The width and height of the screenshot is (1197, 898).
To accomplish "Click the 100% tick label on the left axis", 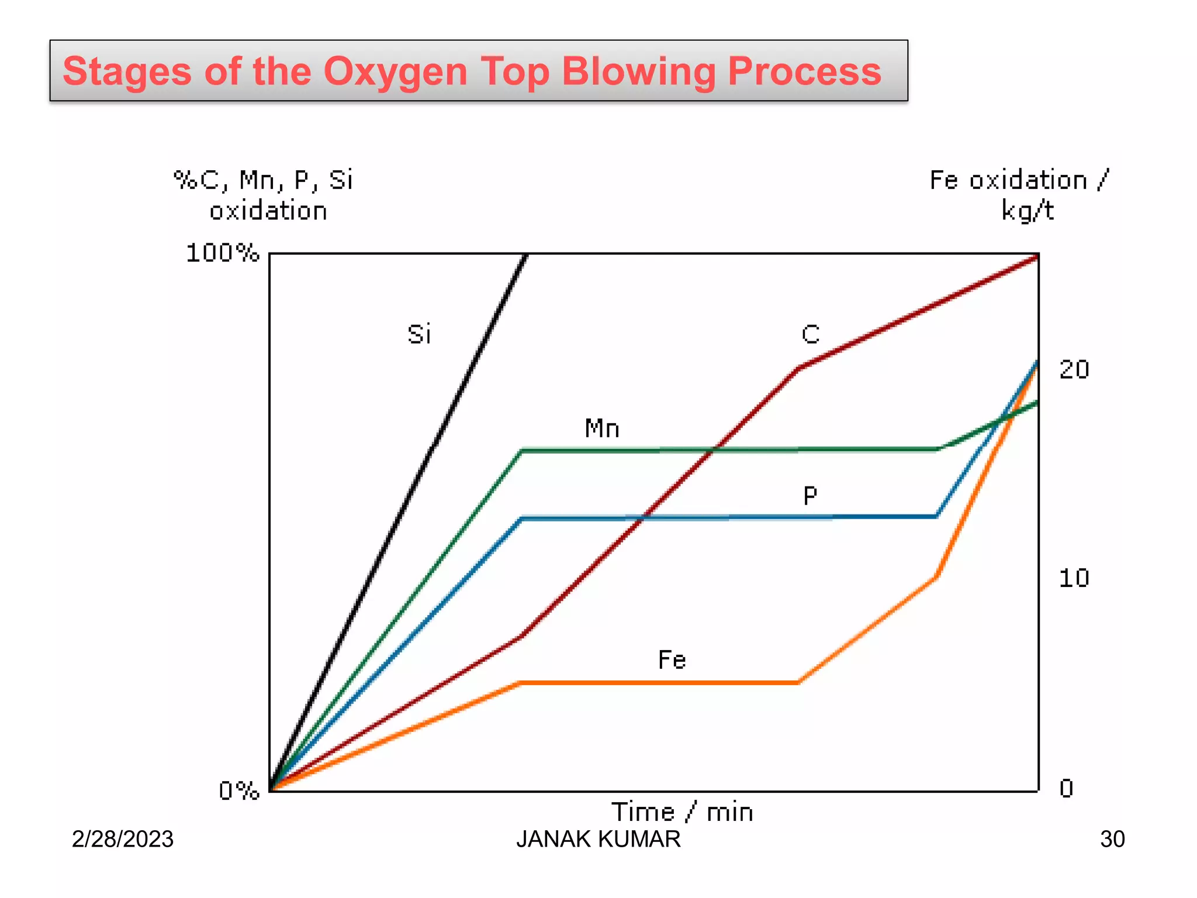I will click(x=222, y=253).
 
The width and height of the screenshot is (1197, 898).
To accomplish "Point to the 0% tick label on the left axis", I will click(x=238, y=790).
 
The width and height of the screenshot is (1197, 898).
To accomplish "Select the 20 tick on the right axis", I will click(x=1074, y=369).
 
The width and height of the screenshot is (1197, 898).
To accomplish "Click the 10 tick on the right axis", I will click(x=1074, y=578).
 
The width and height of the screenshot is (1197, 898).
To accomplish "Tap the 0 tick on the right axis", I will click(x=1067, y=789).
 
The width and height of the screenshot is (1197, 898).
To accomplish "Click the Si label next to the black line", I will click(x=419, y=334).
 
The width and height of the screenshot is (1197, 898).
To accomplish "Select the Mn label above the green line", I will click(x=602, y=429).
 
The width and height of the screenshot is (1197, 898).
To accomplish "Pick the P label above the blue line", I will click(x=810, y=496).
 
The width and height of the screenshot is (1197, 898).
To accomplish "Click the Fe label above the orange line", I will click(x=672, y=660).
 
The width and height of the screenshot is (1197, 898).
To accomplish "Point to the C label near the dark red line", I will click(x=811, y=334).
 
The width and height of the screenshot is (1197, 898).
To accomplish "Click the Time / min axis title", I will click(x=682, y=812).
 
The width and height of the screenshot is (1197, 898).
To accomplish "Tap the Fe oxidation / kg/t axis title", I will click(x=1019, y=195).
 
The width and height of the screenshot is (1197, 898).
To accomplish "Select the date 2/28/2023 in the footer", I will click(x=123, y=839).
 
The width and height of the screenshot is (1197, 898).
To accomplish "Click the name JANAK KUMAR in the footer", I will click(x=598, y=839).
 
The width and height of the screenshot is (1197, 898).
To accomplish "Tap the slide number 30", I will click(x=1112, y=839).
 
